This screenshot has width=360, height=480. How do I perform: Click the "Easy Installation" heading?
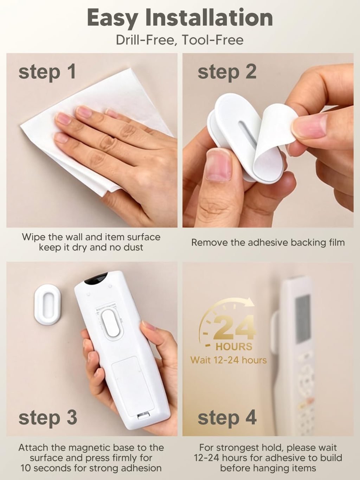180,18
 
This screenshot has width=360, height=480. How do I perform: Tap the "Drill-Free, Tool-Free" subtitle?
180,40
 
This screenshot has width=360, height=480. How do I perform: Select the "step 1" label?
47,72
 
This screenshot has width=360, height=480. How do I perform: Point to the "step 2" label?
227,72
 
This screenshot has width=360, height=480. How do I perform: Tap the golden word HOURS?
234,347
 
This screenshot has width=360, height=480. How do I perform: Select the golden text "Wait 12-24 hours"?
229,360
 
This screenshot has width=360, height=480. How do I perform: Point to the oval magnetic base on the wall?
47,305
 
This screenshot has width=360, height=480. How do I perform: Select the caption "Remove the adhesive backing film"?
268,243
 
